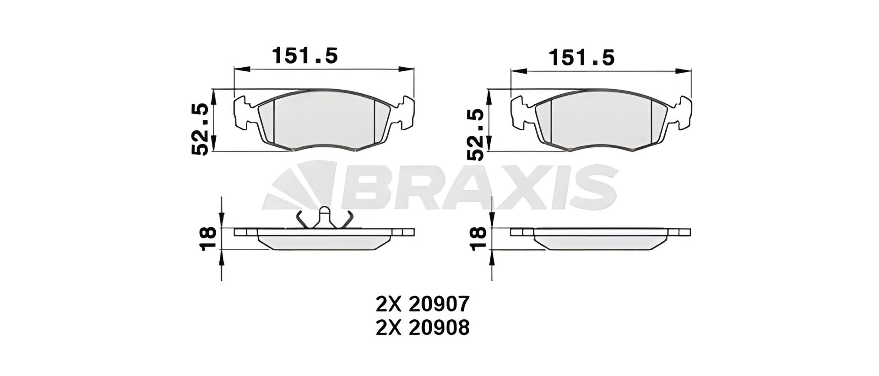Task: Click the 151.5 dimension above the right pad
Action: click(x=581, y=58)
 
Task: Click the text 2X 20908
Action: click(x=422, y=328)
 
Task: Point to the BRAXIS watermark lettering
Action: click(x=476, y=188)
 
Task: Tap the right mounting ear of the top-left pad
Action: click(x=406, y=113)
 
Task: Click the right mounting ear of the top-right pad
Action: click(x=683, y=113)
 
